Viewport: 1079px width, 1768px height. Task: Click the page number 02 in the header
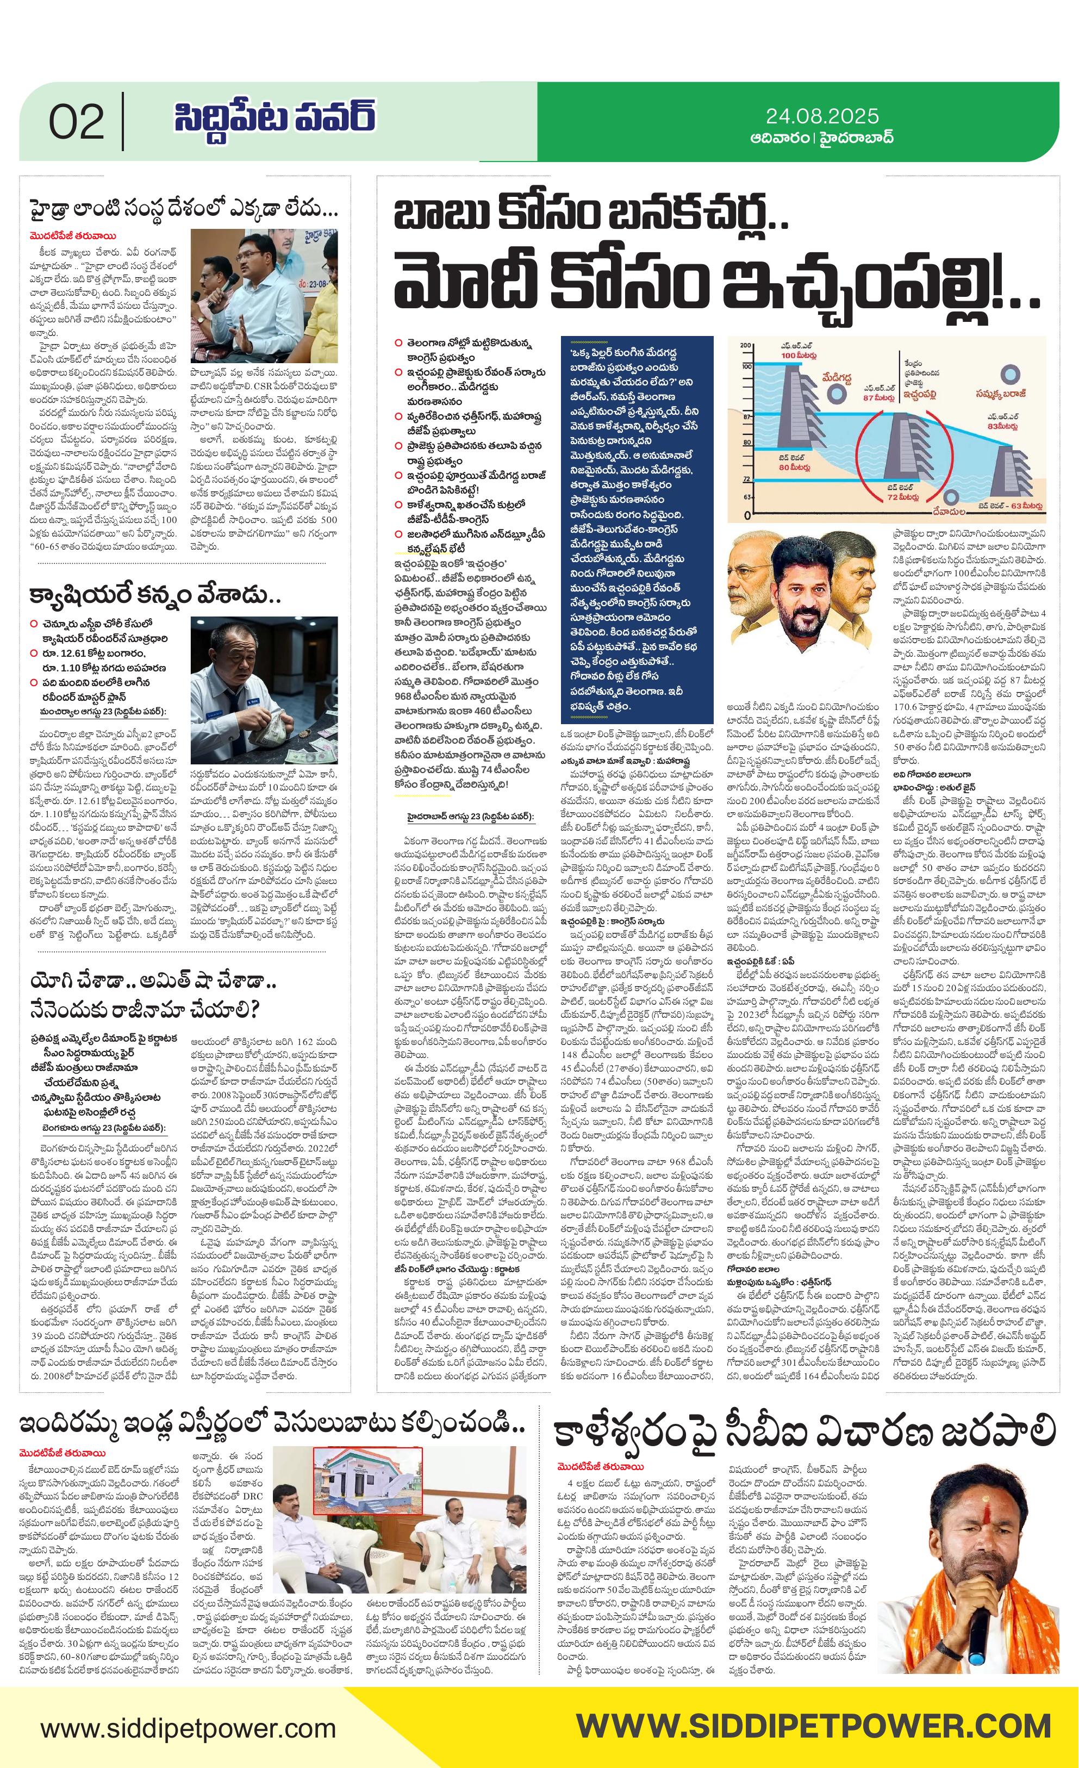click(x=76, y=122)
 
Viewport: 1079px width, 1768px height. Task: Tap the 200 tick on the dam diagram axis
click(x=745, y=346)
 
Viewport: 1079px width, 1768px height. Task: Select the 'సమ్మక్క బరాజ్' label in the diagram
click(x=1002, y=394)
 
